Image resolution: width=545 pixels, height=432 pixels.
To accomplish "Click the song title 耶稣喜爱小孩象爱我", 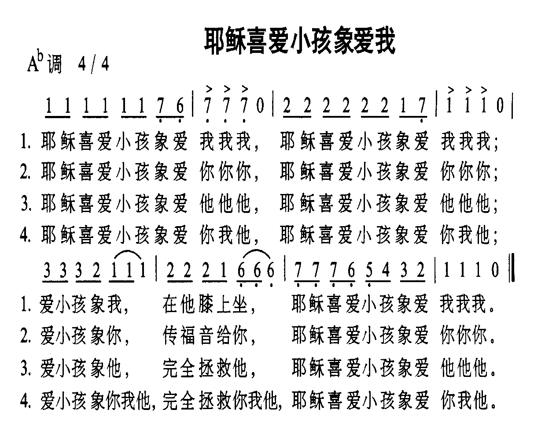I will [x=300, y=41].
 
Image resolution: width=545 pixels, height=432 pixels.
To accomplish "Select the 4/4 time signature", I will [x=92, y=65].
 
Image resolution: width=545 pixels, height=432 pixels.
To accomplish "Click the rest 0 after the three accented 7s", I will [x=261, y=106].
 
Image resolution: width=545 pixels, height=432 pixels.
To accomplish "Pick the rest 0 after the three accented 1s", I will [x=500, y=106].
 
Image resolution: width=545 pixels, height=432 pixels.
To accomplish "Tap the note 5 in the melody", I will [x=370, y=270].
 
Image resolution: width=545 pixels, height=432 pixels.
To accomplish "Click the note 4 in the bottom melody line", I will [x=386, y=270].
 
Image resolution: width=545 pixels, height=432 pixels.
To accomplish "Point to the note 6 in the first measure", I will [x=179, y=106].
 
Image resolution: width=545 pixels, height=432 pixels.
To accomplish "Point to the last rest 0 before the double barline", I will [x=496, y=270].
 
